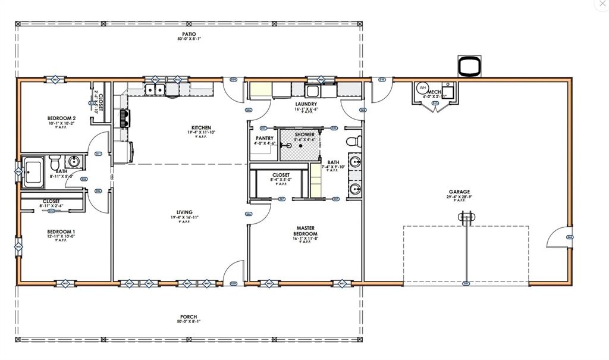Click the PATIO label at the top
click(189, 35)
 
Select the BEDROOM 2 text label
click(61, 118)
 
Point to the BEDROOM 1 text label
click(61, 231)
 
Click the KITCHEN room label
click(201, 127)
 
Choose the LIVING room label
click(184, 212)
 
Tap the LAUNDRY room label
click(306, 104)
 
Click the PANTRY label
click(265, 138)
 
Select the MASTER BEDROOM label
click(306, 230)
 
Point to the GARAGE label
click(459, 192)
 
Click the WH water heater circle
click(423, 88)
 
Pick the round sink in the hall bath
click(74, 161)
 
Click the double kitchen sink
click(156, 90)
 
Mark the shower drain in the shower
click(301, 145)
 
